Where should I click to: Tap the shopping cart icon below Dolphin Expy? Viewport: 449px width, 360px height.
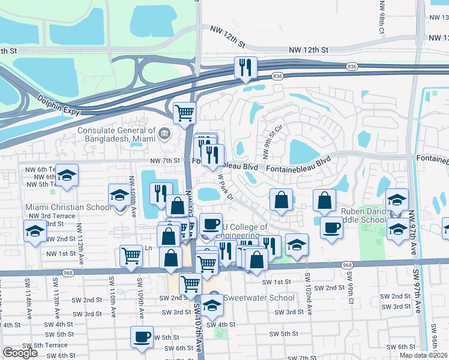tap(184, 112)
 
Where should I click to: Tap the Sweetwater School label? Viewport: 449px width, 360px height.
tap(259, 298)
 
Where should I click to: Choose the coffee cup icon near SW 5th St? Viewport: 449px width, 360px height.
tap(142, 337)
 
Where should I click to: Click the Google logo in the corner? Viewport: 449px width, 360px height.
tap(20, 353)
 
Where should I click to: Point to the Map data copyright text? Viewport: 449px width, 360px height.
tap(423, 355)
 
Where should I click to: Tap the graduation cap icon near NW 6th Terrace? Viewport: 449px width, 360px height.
tap(67, 175)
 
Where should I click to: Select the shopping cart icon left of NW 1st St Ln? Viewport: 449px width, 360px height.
tap(130, 256)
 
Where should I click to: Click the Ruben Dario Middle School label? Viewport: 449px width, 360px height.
tap(364, 215)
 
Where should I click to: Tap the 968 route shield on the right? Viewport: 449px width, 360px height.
tap(348, 265)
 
